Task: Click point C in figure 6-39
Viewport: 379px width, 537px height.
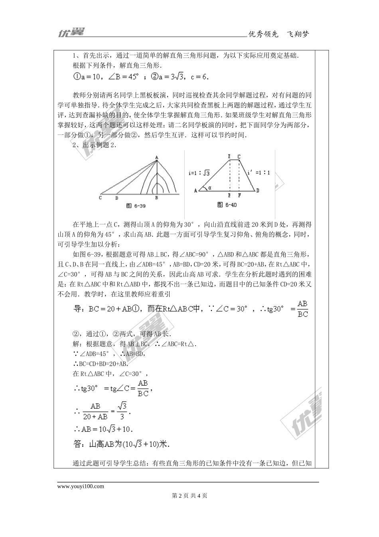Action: tap(100, 197)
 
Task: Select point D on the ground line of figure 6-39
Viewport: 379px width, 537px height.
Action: tap(116, 197)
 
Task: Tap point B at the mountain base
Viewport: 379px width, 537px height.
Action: tap(157, 197)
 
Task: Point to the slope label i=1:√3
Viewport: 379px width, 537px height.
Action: tap(199, 173)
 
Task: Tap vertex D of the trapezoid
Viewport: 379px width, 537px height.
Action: tap(258, 191)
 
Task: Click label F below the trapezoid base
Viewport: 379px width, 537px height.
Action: tap(239, 196)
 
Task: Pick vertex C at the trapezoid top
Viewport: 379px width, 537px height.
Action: tap(239, 157)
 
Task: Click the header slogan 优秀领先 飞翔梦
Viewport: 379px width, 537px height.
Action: tap(278, 34)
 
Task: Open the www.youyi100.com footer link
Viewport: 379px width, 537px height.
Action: tap(81, 486)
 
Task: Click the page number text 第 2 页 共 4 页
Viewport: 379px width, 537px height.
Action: tap(189, 496)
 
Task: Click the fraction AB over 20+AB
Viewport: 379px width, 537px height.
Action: tap(95, 411)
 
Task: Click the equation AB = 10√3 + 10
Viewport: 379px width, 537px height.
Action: tap(103, 430)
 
